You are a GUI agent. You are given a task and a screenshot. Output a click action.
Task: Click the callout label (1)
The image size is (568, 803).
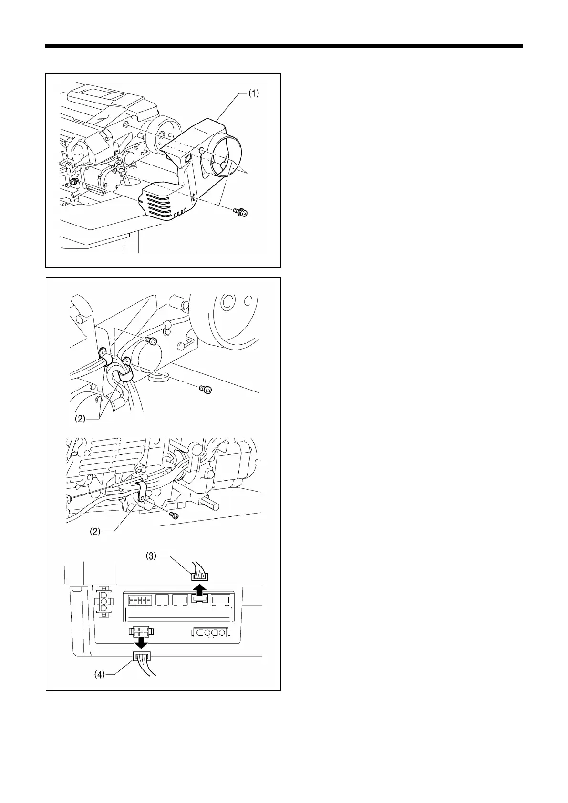[x=252, y=94]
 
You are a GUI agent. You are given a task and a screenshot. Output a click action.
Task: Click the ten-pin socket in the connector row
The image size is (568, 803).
[x=138, y=600]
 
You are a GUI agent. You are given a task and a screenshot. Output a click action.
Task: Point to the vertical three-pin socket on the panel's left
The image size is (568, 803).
[x=103, y=602]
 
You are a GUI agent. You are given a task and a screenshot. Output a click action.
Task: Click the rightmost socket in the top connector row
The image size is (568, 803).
[x=221, y=600]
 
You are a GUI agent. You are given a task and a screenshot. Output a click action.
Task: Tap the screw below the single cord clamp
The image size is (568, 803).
[x=175, y=515]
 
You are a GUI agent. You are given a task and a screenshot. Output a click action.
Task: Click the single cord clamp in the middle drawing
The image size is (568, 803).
[x=142, y=493]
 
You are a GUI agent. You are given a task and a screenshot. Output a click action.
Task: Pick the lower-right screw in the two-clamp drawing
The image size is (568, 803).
[x=207, y=390]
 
